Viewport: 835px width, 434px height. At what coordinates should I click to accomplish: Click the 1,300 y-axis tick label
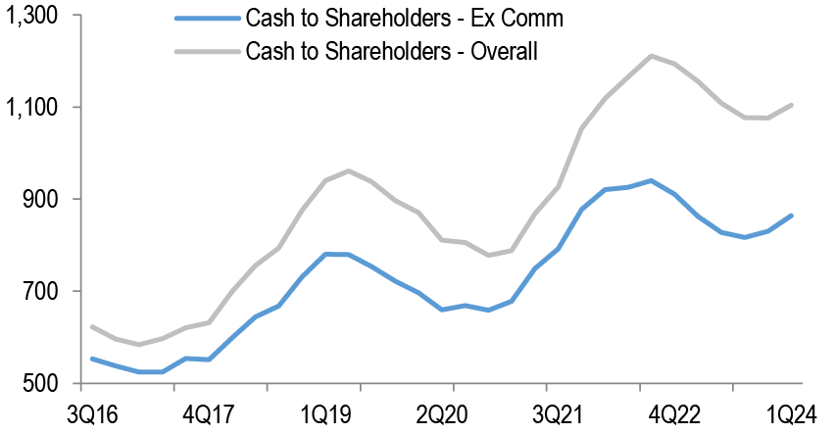pyautogui.click(x=31, y=16)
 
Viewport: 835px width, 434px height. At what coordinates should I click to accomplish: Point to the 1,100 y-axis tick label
pyautogui.click(x=31, y=108)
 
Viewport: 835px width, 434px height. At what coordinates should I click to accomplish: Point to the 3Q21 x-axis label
pyautogui.click(x=562, y=412)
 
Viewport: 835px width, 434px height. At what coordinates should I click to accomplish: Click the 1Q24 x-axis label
pyautogui.click(x=789, y=412)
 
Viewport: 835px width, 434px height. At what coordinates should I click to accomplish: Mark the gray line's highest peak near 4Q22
pyautogui.click(x=651, y=56)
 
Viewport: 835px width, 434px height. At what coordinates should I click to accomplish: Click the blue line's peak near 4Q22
pyautogui.click(x=651, y=180)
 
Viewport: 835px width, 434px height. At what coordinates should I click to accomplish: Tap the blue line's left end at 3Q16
pyautogui.click(x=91, y=359)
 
